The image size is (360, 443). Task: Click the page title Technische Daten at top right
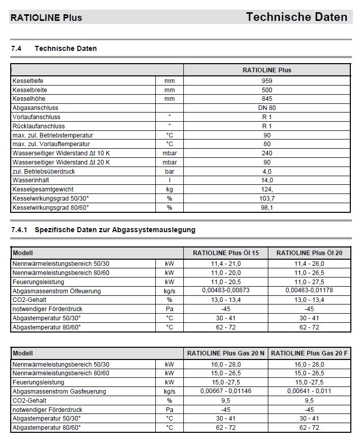[x=296, y=17]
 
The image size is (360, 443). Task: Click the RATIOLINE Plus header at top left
[x=46, y=18]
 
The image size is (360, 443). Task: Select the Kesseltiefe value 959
[x=267, y=80]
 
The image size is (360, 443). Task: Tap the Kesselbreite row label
[x=30, y=90]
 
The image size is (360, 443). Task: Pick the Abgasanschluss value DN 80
[x=267, y=108]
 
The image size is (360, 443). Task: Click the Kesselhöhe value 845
[x=267, y=99]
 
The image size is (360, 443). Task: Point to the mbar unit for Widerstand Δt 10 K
[x=170, y=153]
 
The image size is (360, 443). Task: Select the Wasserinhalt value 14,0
[x=267, y=180]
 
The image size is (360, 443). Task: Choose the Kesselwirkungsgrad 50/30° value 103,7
[x=267, y=199]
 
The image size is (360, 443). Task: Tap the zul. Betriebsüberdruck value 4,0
[x=267, y=172]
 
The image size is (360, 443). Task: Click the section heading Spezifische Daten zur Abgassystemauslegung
[x=115, y=230]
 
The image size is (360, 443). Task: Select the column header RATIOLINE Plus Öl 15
[x=226, y=253]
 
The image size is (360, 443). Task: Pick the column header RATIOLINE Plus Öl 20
[x=309, y=253]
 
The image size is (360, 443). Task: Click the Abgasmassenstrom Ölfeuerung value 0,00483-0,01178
[x=309, y=291]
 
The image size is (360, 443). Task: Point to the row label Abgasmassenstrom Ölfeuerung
[x=57, y=291]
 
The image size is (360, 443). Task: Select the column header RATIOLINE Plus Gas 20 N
[x=226, y=353]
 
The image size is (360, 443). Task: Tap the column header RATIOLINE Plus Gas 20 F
[x=309, y=353]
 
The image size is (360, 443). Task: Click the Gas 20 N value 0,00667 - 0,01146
[x=226, y=391]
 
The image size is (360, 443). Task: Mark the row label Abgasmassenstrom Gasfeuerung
[x=59, y=392]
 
